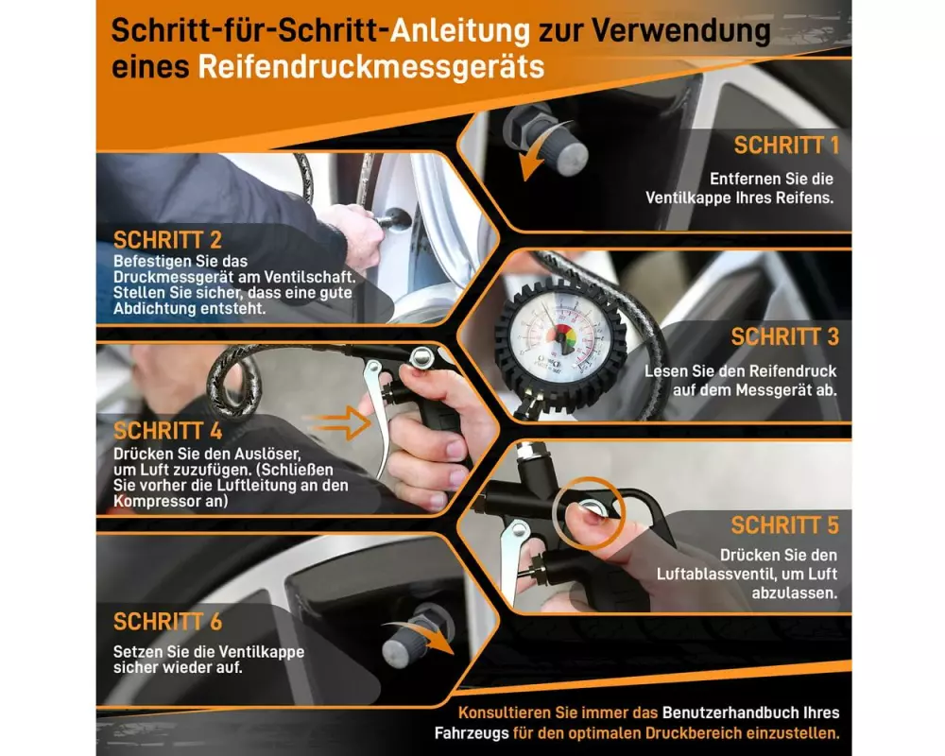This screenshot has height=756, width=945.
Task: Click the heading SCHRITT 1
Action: point(786,146)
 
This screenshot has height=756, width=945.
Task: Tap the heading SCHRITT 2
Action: point(167,240)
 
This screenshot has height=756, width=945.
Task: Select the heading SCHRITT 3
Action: point(785,337)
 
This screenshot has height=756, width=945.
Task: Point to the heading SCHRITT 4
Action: point(167,431)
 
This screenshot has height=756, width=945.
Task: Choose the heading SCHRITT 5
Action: point(785,525)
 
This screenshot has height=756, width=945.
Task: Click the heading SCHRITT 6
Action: point(167,622)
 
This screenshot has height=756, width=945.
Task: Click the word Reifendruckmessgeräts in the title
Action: point(371,67)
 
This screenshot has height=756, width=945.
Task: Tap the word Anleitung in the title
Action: point(460,31)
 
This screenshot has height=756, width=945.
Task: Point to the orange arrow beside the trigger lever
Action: point(337,422)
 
